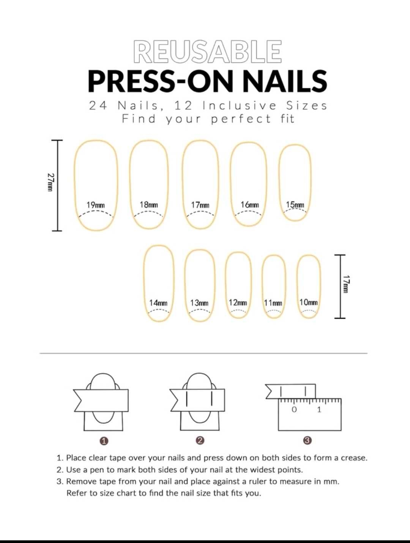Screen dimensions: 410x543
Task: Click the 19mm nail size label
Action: [96, 205]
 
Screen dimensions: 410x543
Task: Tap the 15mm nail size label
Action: [295, 205]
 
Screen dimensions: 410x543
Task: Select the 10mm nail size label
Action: [309, 302]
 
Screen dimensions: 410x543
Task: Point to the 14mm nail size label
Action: [158, 303]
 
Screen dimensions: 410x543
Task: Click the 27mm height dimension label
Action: [50, 182]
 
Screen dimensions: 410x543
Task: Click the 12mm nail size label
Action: [238, 302]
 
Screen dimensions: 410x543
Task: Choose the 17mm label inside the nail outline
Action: [200, 205]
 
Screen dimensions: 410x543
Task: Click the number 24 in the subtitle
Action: [98, 106]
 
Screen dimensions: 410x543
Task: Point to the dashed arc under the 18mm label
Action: [148, 212]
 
